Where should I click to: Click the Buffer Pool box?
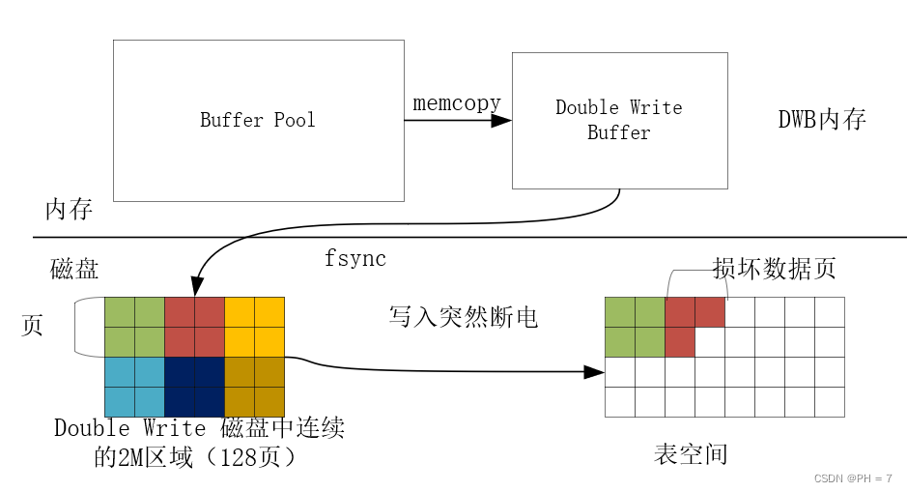point(258,120)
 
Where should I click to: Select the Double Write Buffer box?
point(619,120)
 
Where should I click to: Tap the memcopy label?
point(457,103)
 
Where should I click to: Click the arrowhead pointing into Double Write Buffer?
point(501,121)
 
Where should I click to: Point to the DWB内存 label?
point(822,120)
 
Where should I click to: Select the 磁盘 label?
point(74,269)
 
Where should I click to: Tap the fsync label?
point(355,259)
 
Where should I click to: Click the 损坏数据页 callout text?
point(774,268)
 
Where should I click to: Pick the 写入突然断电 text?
point(463,316)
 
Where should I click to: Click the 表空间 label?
point(690,454)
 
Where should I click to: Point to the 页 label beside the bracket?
point(32,326)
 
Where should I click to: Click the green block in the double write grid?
point(134,327)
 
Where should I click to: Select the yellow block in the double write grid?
point(255,327)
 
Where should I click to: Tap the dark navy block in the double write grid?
point(194,387)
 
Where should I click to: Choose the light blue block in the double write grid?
point(134,387)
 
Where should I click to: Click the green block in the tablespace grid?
point(635,327)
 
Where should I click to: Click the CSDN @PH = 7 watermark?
point(853,478)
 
